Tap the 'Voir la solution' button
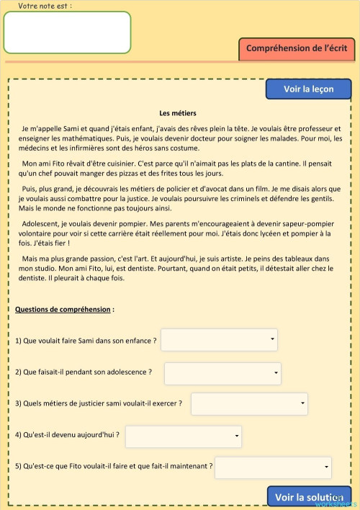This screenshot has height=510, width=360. pos(310,497)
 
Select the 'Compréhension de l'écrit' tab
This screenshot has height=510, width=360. pos(297,48)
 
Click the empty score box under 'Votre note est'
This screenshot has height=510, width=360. pos(67,32)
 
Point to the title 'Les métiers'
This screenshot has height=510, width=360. pos(178,112)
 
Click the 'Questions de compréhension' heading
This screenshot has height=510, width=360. pos(63,309)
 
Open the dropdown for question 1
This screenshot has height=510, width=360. pos(219,339)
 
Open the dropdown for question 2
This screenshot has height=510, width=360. pos(222,373)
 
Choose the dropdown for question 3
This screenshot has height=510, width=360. pos(249,403)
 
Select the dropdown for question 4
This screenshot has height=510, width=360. pos(184,436)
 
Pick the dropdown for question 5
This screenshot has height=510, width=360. pos(273,467)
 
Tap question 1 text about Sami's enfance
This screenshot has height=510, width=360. pos(86,339)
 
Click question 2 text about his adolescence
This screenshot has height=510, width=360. pos(84,372)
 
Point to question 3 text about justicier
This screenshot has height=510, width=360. pos(99,403)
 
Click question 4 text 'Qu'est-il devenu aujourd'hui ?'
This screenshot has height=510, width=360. pos(67,435)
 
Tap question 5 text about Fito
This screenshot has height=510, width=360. pos(114,466)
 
